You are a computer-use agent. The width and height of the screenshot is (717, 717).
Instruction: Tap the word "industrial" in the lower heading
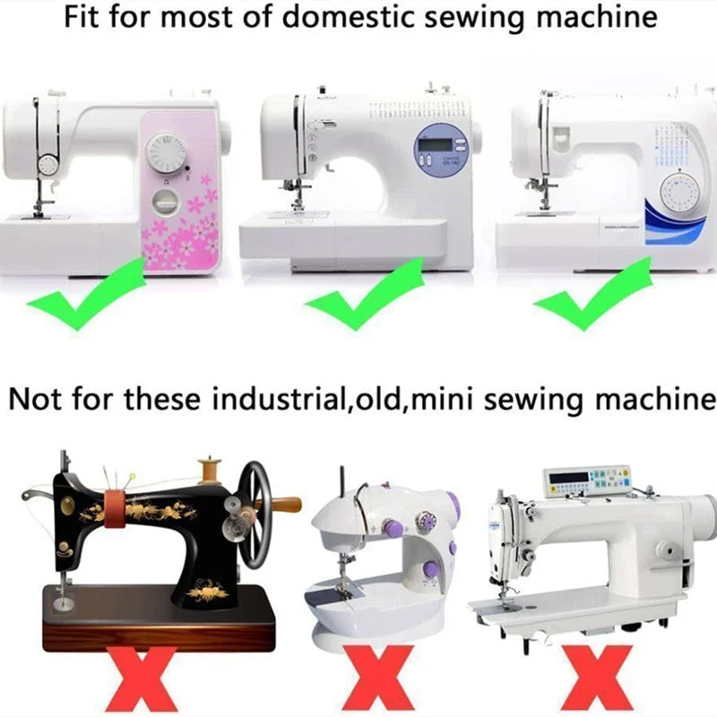point(278,399)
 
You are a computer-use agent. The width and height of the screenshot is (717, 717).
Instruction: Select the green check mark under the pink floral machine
point(86,294)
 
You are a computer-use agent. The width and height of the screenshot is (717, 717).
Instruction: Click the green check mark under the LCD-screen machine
point(365,294)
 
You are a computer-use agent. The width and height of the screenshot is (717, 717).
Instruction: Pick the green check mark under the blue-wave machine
point(592,294)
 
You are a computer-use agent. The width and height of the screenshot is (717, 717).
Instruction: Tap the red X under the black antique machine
point(142,679)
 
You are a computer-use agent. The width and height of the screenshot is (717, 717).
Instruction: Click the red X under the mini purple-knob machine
point(378,679)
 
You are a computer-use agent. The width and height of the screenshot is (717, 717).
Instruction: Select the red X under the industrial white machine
point(597,679)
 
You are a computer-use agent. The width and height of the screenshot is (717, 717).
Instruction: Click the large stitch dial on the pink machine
point(166,153)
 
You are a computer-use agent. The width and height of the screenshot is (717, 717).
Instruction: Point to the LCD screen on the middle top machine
point(436,145)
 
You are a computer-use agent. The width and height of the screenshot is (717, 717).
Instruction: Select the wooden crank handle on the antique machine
point(283,505)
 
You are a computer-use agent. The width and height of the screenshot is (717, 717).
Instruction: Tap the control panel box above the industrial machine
point(587,481)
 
